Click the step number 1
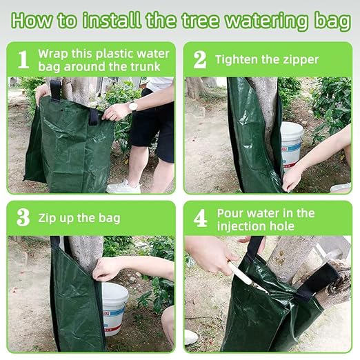pos(23,59)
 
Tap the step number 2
pos(200,59)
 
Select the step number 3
pos(23,218)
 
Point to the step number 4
pos(200,218)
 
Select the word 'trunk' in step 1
pos(141,66)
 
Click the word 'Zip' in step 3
pos(48,218)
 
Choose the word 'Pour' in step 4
pos(230,212)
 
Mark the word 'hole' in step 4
pos(283,226)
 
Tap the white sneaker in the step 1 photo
pos(123,186)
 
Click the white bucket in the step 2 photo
pos(291,145)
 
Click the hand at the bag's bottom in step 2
pos(292,177)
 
